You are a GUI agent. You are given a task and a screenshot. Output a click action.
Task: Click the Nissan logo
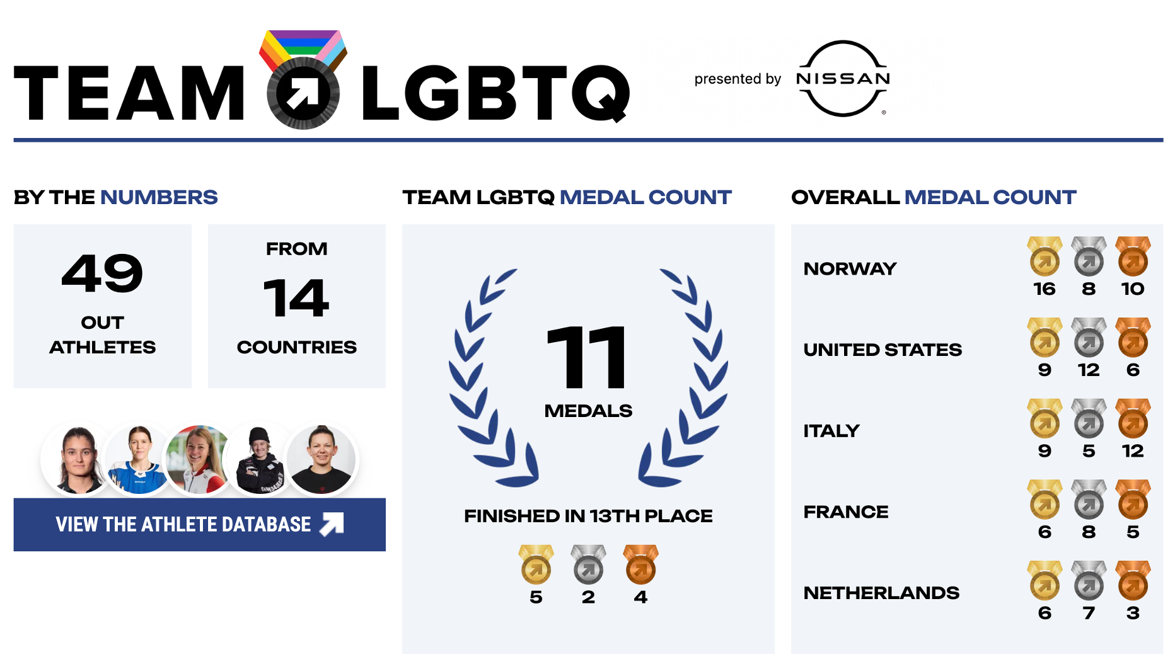843,79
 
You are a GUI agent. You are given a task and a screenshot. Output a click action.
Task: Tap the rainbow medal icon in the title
303,79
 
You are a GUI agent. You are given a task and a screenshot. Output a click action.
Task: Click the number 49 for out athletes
103,273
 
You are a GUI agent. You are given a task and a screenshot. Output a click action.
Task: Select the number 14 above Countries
296,298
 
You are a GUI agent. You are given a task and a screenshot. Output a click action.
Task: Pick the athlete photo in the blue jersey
139,459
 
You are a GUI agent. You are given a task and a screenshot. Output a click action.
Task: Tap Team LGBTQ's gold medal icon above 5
536,564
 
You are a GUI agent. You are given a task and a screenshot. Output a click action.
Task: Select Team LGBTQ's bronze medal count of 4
640,597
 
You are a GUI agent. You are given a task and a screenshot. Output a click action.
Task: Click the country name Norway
850,269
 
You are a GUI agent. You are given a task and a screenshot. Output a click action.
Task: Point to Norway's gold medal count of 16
1045,289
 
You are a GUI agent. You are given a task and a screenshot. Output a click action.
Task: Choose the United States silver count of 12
1089,370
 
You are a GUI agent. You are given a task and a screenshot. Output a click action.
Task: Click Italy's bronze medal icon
1133,418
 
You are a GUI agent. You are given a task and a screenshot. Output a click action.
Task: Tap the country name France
846,512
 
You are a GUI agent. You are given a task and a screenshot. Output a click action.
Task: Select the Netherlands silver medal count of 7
1089,614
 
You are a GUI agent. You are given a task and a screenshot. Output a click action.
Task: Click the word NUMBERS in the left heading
159,197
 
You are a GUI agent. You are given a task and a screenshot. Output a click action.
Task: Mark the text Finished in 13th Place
588,516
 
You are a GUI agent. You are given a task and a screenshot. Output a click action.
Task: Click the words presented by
738,79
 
